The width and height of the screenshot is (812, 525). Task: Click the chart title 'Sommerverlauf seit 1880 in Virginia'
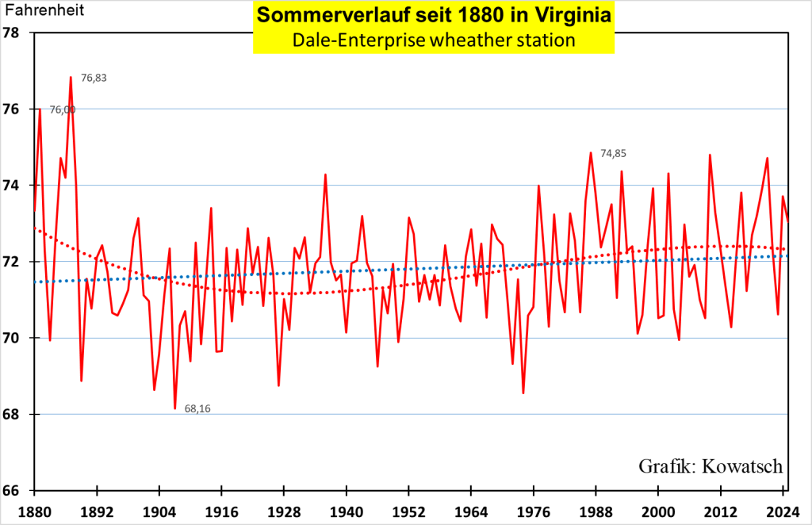(x=434, y=16)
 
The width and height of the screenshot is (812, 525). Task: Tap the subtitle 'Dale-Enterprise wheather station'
(x=434, y=40)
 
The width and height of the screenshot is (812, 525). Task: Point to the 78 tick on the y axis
(x=13, y=33)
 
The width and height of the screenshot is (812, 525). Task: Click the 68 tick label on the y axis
(x=13, y=414)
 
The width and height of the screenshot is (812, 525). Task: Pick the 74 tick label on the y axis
(x=13, y=186)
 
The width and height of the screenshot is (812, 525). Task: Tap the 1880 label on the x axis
(x=34, y=510)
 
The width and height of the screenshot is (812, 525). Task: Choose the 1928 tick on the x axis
(x=284, y=510)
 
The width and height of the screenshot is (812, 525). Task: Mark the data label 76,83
(x=94, y=78)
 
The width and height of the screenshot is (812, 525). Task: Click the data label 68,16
(x=197, y=408)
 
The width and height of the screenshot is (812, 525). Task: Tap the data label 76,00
(x=63, y=110)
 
